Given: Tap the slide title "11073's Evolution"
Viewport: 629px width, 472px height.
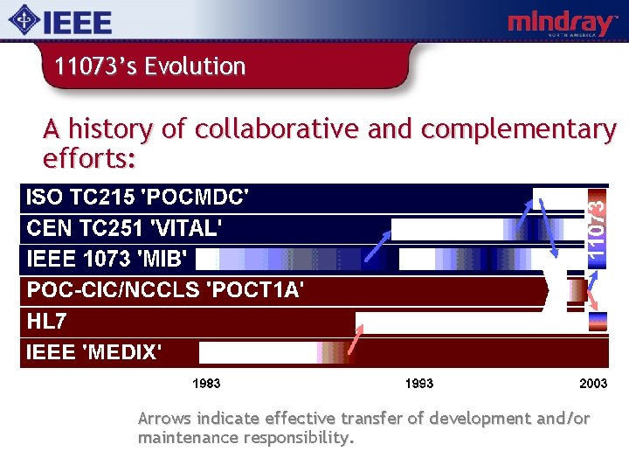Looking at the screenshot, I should click(x=149, y=66).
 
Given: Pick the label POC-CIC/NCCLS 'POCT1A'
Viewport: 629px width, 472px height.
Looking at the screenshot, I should click(x=165, y=290).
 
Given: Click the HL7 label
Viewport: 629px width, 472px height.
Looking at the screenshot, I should click(x=47, y=321).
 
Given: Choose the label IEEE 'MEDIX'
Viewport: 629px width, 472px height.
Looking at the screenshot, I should click(x=94, y=352).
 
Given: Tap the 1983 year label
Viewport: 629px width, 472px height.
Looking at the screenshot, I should click(x=206, y=384).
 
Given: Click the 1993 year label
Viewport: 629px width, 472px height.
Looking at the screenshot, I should click(x=419, y=384).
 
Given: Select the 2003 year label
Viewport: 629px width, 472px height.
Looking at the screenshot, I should click(x=593, y=384).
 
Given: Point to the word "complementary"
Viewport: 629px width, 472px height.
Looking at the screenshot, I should click(x=518, y=129).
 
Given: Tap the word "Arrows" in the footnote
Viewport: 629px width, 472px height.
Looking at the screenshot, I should click(x=165, y=419).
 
